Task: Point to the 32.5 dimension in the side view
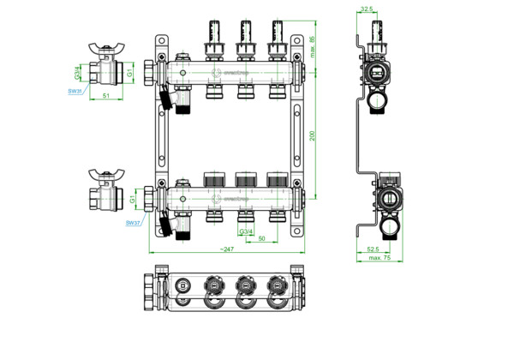tap(367, 10)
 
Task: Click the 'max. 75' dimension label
tap(380, 258)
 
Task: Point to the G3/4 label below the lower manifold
tap(246, 231)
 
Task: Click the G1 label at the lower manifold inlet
tap(134, 199)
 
